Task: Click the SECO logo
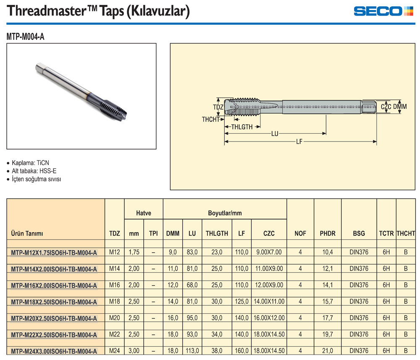click(x=383, y=11)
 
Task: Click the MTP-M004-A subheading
click(x=26, y=37)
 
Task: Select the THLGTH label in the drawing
click(x=241, y=127)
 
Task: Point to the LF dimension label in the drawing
click(x=299, y=142)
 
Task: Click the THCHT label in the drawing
click(x=210, y=119)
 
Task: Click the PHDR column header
click(x=328, y=234)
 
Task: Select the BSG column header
click(x=359, y=234)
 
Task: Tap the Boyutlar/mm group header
click(x=225, y=213)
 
